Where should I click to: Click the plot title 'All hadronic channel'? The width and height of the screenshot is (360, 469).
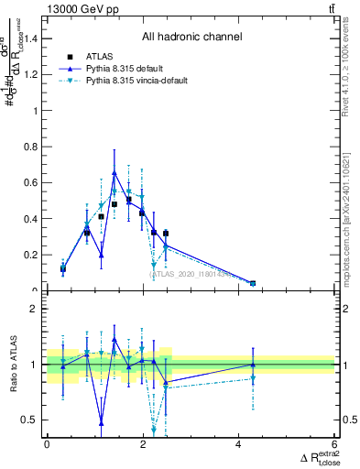pyautogui.click(x=191, y=38)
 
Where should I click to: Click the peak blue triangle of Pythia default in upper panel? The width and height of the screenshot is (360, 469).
pyautogui.click(x=114, y=172)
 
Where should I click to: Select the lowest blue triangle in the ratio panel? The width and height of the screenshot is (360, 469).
pyautogui.click(x=101, y=422)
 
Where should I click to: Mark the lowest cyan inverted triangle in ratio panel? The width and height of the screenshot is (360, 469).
pyautogui.click(x=154, y=430)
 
